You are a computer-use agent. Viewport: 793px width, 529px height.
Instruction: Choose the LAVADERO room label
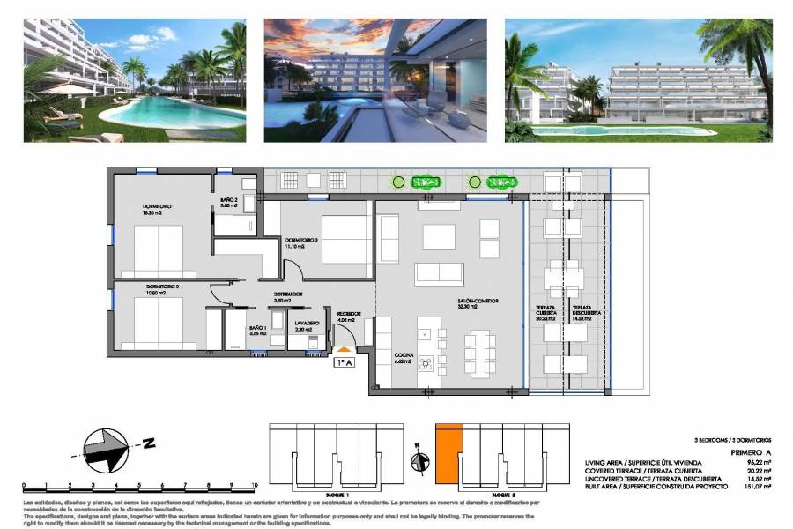(x=306, y=324)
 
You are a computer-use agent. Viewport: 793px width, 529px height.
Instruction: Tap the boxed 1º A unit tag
(x=345, y=361)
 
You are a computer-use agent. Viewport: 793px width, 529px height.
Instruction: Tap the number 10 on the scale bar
(x=253, y=485)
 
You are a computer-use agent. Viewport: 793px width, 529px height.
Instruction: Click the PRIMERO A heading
(x=751, y=452)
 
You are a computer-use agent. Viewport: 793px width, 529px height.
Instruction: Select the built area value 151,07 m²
(x=756, y=486)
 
